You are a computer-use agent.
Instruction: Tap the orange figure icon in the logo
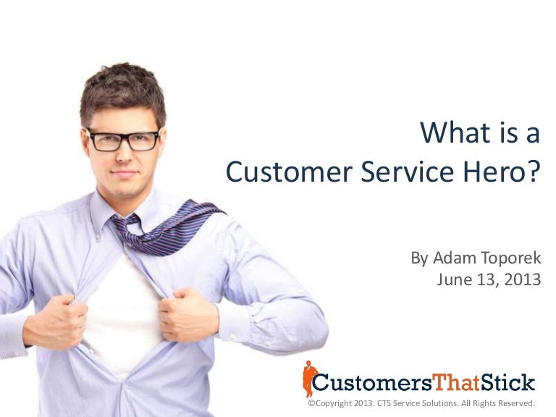coord(310,378)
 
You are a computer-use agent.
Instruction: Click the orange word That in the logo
coord(456,382)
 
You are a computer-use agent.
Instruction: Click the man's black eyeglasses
coord(122,139)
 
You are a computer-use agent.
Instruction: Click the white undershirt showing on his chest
coord(123,311)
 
